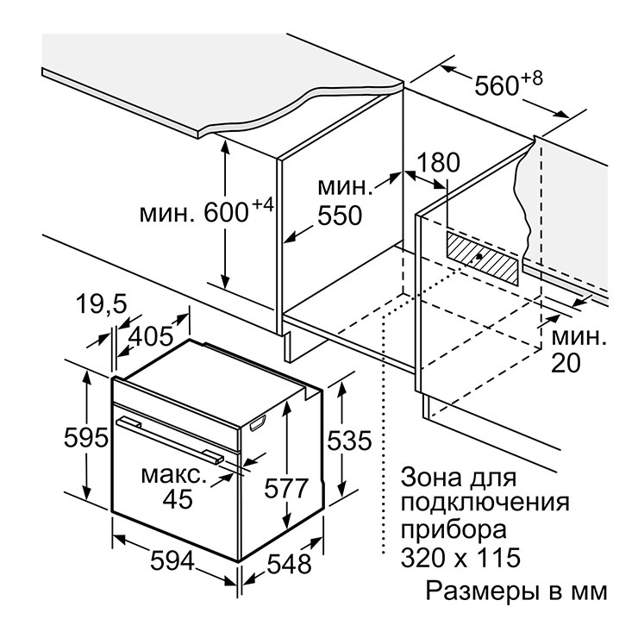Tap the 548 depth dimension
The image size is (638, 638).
pyautogui.click(x=290, y=564)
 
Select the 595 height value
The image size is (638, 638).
pyautogui.click(x=86, y=438)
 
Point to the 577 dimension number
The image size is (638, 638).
pyautogui.click(x=286, y=488)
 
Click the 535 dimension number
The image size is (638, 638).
pyautogui.click(x=349, y=441)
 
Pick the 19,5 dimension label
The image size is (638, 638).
pyautogui.click(x=102, y=304)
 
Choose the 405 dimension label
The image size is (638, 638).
pyautogui.click(x=151, y=337)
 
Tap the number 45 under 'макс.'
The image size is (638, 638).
pyautogui.click(x=178, y=499)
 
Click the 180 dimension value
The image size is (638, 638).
pyautogui.click(x=439, y=162)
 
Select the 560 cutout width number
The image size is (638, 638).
pyautogui.click(x=497, y=86)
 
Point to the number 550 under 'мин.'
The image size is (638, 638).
pyautogui.click(x=340, y=216)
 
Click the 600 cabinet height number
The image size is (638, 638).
pyautogui.click(x=226, y=213)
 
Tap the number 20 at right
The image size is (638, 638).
pyautogui.click(x=566, y=363)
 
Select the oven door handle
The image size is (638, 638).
pyautogui.click(x=170, y=441)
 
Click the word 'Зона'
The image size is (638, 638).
pyautogui.click(x=431, y=478)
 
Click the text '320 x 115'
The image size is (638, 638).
pyautogui.click(x=460, y=558)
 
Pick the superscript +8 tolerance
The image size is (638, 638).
pyautogui.click(x=532, y=78)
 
